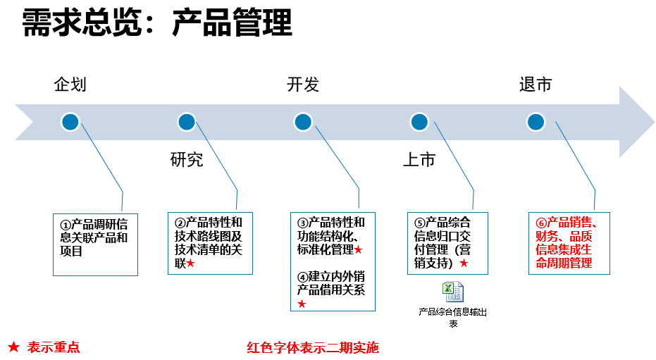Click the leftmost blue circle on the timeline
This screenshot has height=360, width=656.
(70, 122)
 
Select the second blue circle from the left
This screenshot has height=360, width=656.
(186, 122)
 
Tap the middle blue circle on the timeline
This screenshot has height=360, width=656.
(303, 122)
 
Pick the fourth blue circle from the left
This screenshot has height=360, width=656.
(419, 122)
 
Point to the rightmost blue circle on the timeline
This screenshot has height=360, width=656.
(536, 122)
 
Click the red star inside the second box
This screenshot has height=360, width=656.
(190, 263)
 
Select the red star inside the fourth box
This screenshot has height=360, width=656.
(463, 263)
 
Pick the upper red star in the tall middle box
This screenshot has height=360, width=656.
(358, 249)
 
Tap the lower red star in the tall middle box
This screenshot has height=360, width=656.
(302, 304)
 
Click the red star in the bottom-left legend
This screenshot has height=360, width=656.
(13, 347)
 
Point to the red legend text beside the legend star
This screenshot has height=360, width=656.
(54, 347)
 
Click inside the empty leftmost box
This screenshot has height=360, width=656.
(95, 242)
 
